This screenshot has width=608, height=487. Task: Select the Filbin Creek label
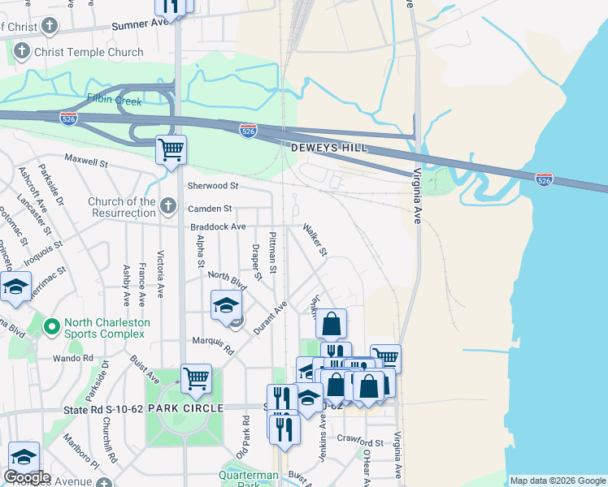pos(115,101)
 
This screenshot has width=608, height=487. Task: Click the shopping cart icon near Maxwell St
pos(172,150)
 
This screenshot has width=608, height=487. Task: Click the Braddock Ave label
pos(217,226)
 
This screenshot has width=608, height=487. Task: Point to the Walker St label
pos(315,239)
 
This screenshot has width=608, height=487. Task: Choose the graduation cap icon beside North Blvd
pos(227,305)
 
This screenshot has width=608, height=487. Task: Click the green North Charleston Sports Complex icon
pos(51,327)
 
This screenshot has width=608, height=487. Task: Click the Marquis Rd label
pos(212,346)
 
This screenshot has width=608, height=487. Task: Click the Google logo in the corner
pos(27,477)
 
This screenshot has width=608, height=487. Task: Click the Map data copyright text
pos(557,481)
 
